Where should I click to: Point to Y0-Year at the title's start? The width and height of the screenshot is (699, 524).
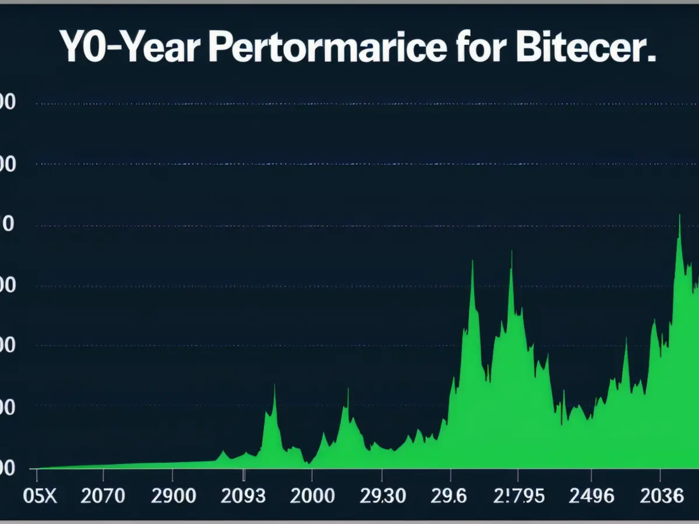pyautogui.click(x=129, y=50)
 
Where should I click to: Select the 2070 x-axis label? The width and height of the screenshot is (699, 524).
pyautogui.click(x=103, y=496)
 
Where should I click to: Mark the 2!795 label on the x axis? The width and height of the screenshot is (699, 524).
pyautogui.click(x=518, y=496)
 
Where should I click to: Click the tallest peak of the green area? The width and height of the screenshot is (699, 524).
pyautogui.click(x=679, y=215)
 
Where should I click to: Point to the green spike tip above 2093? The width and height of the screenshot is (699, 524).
pyautogui.click(x=274, y=384)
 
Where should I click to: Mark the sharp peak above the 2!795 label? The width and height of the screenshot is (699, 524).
pyautogui.click(x=511, y=252)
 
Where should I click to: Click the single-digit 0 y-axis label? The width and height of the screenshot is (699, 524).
pyautogui.click(x=8, y=225)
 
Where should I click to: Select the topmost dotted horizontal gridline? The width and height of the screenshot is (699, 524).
pyautogui.click(x=349, y=104)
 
